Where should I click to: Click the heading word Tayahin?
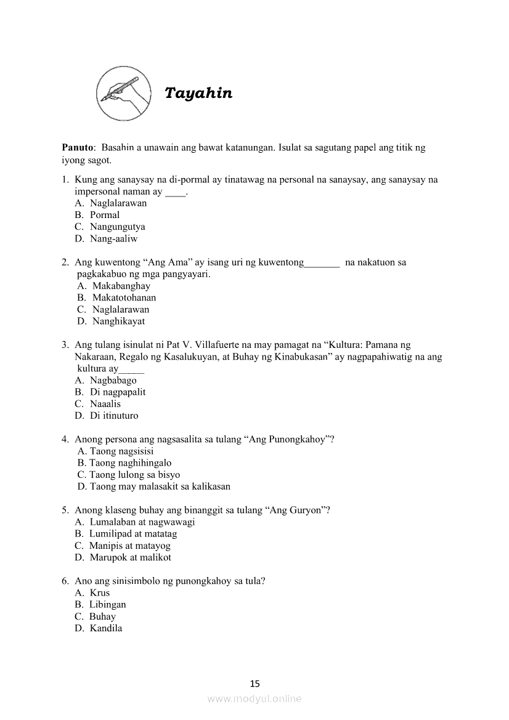pyautogui.click(x=198, y=94)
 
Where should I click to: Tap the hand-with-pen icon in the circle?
pyautogui.click(x=124, y=94)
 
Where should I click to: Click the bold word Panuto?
pyautogui.click(x=78, y=148)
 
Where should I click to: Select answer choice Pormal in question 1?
pyautogui.click(x=105, y=215)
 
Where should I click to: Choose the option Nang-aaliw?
pyautogui.click(x=113, y=238)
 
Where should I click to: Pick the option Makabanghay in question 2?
pyautogui.click(x=121, y=286)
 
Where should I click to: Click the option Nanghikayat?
pyautogui.click(x=118, y=321)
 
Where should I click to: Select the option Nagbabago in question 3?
pyautogui.click(x=113, y=380)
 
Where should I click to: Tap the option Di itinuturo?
pyautogui.click(x=114, y=416)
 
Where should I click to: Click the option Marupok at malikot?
pyautogui.click(x=130, y=557)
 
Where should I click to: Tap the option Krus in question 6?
pyautogui.click(x=100, y=593)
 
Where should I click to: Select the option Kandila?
pyautogui.click(x=105, y=628)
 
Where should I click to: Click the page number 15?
pyautogui.click(x=255, y=683)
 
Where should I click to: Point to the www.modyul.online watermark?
pyautogui.click(x=254, y=699)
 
